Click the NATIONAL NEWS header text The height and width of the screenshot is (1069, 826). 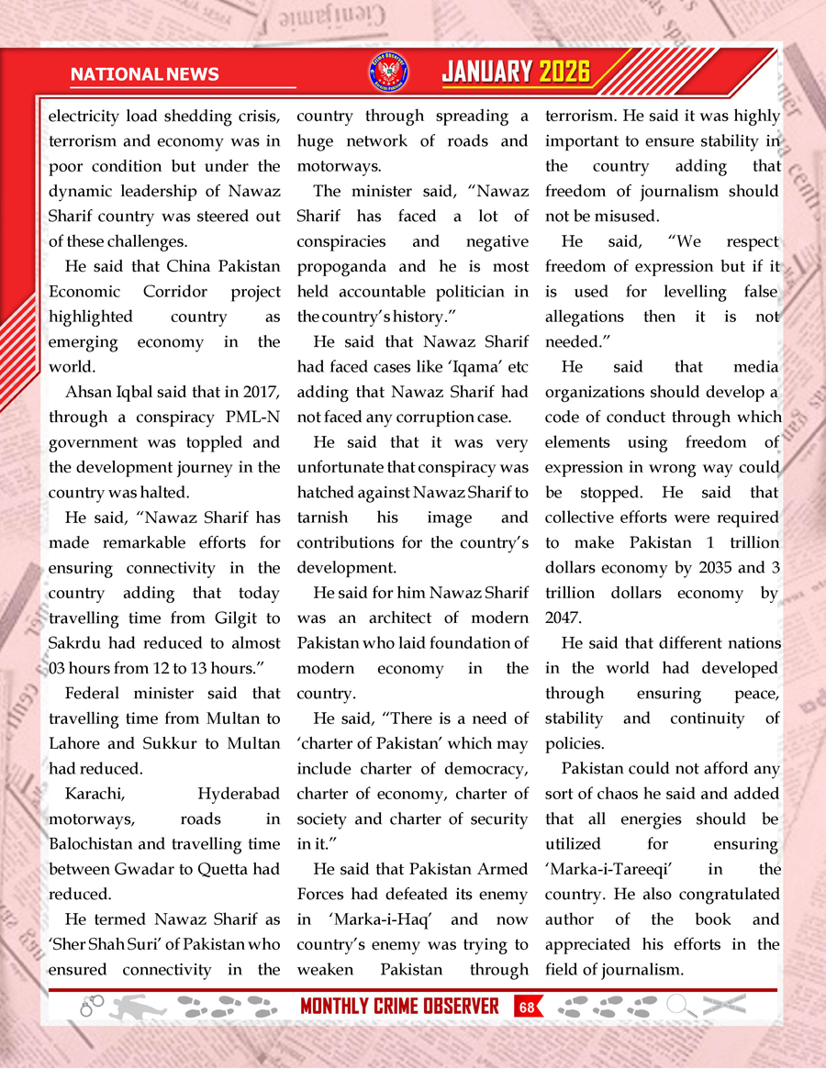point(144,73)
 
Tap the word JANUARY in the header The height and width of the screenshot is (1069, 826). point(487,72)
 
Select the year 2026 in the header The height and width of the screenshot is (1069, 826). point(564,72)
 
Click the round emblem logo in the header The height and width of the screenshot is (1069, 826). point(388,72)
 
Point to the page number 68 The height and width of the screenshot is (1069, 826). point(526,1007)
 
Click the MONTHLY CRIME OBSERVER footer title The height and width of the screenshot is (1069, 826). point(399,1007)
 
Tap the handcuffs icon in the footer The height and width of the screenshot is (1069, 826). point(92,1007)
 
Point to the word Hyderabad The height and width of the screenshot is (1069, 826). point(239,794)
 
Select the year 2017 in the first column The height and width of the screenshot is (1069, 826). point(262,392)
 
